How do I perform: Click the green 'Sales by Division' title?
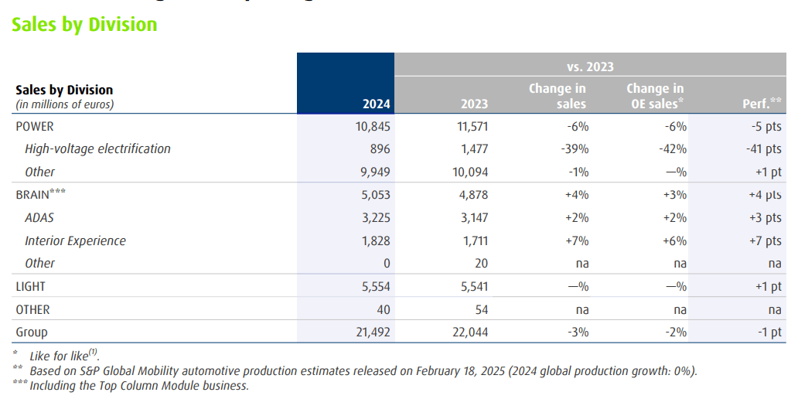[x=84, y=25]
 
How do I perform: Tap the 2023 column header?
[x=474, y=104]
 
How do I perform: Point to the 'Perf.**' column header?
[x=762, y=104]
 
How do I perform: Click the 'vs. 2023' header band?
[x=590, y=66]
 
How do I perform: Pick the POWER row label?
[x=35, y=126]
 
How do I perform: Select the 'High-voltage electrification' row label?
[x=97, y=148]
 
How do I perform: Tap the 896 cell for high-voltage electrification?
[x=380, y=148]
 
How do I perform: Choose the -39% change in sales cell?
[x=576, y=148]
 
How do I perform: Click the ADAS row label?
[x=39, y=217]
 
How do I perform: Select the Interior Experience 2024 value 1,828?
[x=376, y=240]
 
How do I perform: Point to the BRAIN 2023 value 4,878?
[x=473, y=195]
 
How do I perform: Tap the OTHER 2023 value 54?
[x=480, y=309]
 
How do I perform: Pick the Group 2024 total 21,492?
[x=372, y=332]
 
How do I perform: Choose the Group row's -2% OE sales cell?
[x=675, y=332]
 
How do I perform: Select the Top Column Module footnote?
[x=139, y=385]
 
